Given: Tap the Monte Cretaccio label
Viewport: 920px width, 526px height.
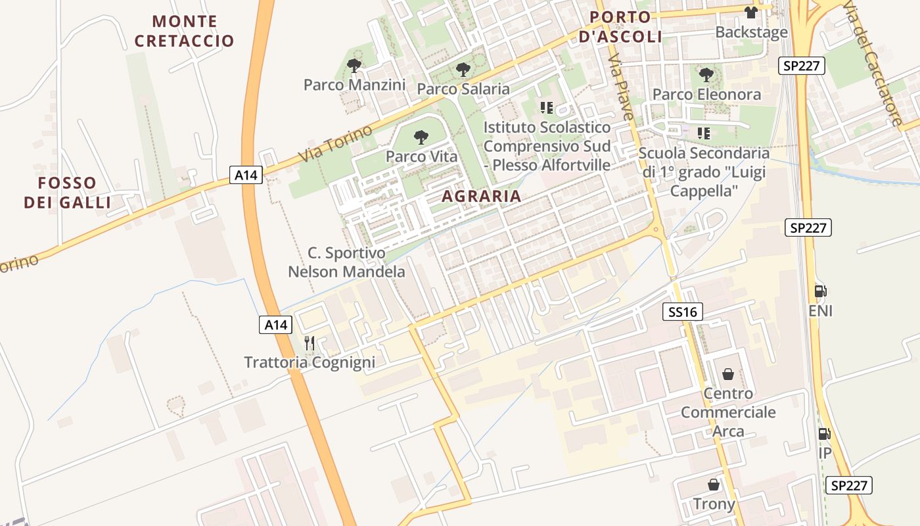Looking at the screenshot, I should (184, 31).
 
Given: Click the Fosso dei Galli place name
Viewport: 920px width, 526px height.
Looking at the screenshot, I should (67, 192).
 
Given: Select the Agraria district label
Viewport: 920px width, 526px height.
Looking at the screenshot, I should (481, 196).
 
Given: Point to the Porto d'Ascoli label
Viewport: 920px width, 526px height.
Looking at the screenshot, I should (620, 26).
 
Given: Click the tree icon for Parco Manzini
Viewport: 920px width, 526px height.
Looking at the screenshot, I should (354, 65).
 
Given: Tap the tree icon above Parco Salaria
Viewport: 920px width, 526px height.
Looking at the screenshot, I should (463, 69).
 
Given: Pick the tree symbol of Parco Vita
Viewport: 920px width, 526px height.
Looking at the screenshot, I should (421, 137).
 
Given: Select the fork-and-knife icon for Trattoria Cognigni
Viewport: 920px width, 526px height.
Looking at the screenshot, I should (310, 343).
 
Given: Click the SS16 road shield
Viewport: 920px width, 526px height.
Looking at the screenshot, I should (682, 312).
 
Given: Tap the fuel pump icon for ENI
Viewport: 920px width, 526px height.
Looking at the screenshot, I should (821, 291).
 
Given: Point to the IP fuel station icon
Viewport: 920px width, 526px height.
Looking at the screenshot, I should (824, 433).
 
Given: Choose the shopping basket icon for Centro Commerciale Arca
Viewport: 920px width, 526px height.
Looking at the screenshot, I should (728, 374).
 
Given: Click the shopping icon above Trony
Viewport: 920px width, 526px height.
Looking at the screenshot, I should (714, 485).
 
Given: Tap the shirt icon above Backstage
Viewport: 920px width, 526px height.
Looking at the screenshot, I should (751, 12).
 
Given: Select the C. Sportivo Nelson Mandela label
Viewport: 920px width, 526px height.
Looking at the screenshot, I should (346, 262).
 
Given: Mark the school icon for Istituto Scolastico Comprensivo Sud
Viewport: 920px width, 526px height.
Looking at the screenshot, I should (547, 107).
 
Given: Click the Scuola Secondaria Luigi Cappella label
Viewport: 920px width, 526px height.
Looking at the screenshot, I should (704, 172).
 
